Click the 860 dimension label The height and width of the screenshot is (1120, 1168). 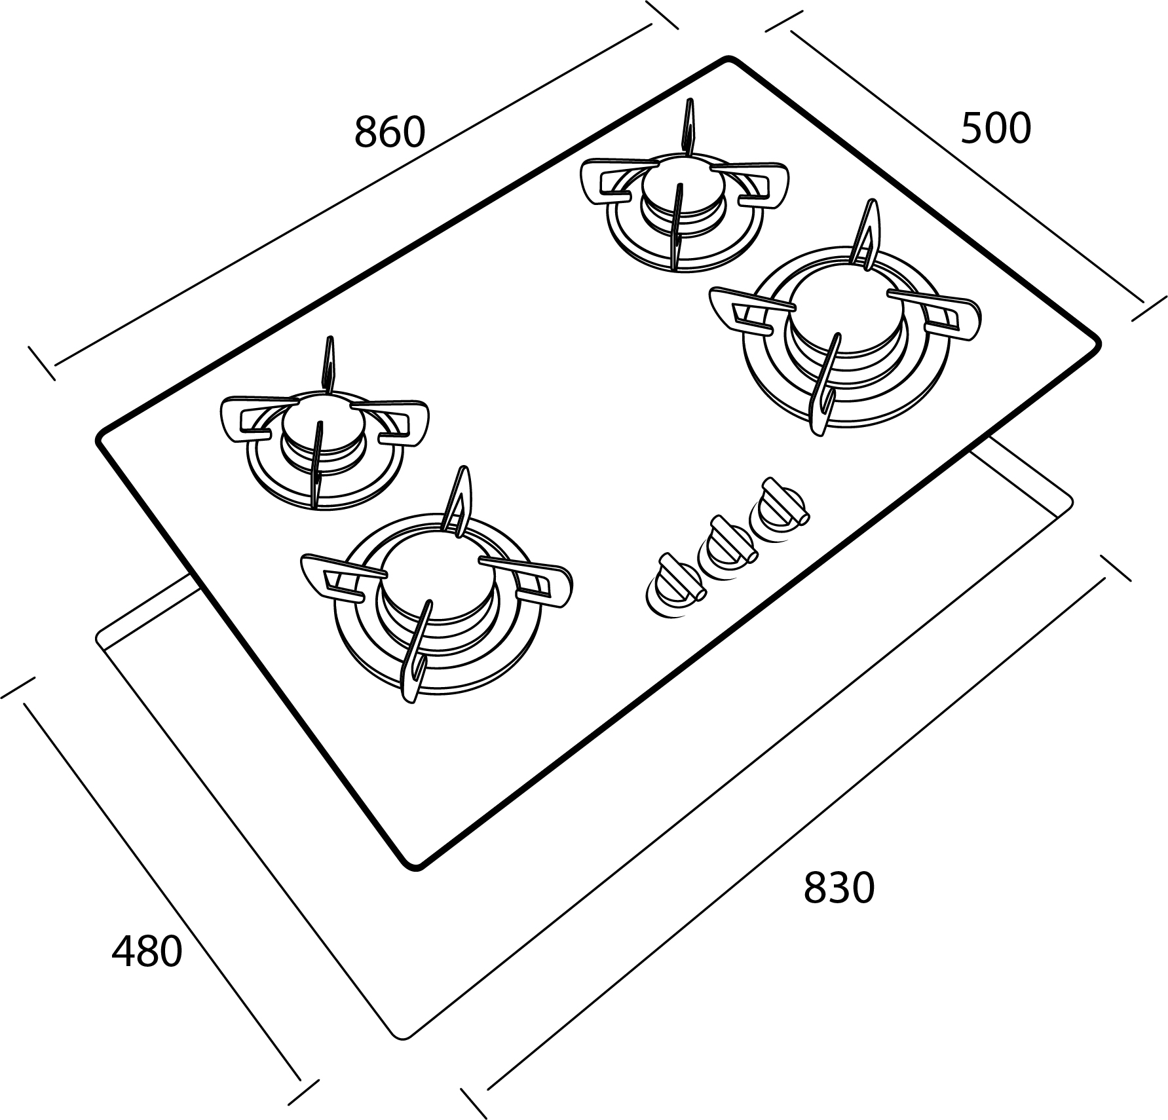tap(390, 132)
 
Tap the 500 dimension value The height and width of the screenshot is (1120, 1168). tap(995, 129)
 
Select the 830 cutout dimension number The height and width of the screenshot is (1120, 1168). tap(838, 888)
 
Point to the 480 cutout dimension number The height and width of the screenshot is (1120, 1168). tap(147, 952)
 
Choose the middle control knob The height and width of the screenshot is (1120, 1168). tap(727, 547)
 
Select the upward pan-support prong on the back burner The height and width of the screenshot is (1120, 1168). tap(688, 127)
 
